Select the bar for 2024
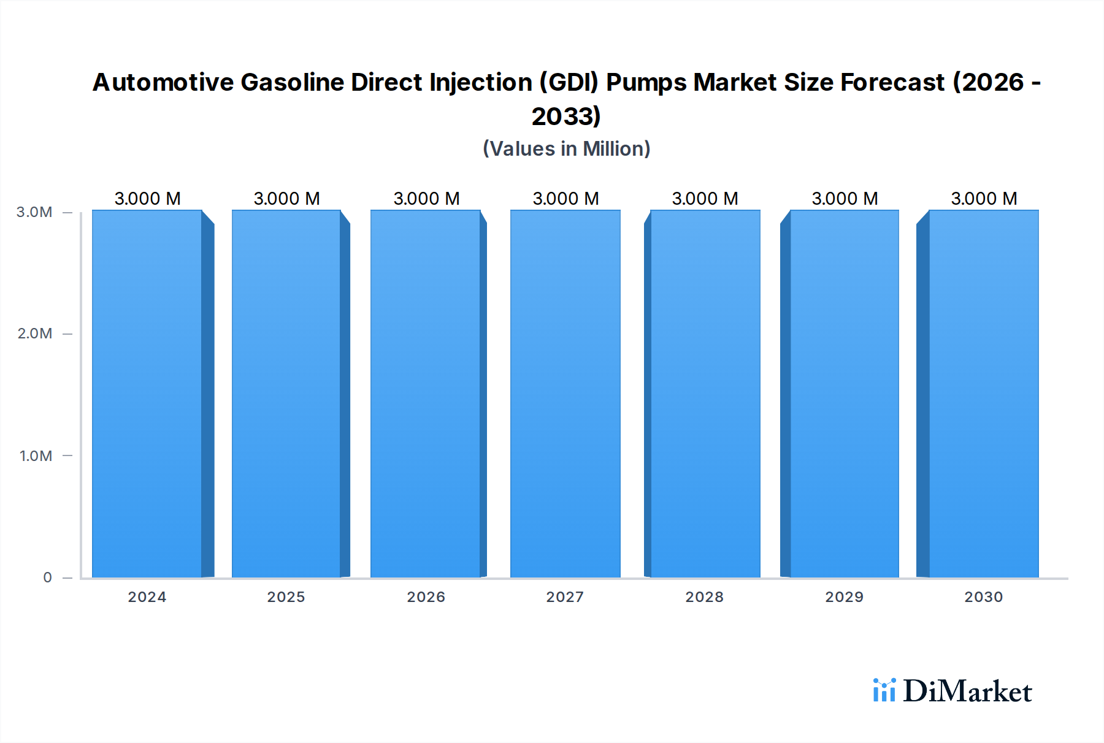pyautogui.click(x=147, y=394)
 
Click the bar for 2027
pyautogui.click(x=565, y=394)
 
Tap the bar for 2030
pyautogui.click(x=983, y=394)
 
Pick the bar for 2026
pyautogui.click(x=425, y=394)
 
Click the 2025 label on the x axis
pyautogui.click(x=286, y=596)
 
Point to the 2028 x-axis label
pyautogui.click(x=704, y=596)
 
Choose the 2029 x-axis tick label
pyautogui.click(x=844, y=596)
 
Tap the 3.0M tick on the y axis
pyautogui.click(x=34, y=212)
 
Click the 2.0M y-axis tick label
pyautogui.click(x=34, y=333)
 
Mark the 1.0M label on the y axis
pyautogui.click(x=36, y=455)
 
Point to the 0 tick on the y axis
pyautogui.click(x=47, y=577)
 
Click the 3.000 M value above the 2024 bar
pyautogui.click(x=147, y=199)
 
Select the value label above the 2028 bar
pyautogui.click(x=705, y=199)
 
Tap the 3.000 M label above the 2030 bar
pyautogui.click(x=984, y=199)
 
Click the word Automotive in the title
pyautogui.click(x=163, y=82)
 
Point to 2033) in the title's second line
pyautogui.click(x=565, y=116)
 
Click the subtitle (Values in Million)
pyautogui.click(x=566, y=148)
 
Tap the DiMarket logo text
pyautogui.click(x=967, y=692)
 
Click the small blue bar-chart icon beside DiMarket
pyautogui.click(x=884, y=690)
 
